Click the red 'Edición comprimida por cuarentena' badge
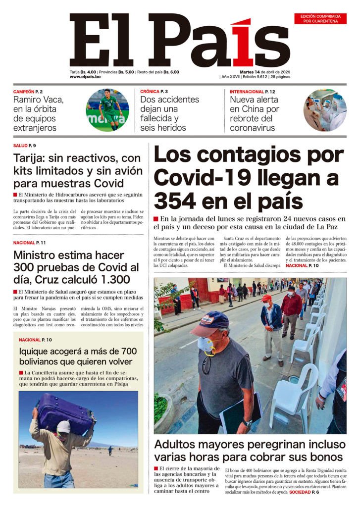point(320,19)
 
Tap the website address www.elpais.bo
point(85,77)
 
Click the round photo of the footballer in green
point(107,110)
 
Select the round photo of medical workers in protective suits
point(324,110)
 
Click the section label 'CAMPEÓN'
point(24,92)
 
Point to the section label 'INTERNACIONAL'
point(247,92)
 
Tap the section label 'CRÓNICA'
point(150,92)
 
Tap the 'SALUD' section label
point(20,146)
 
